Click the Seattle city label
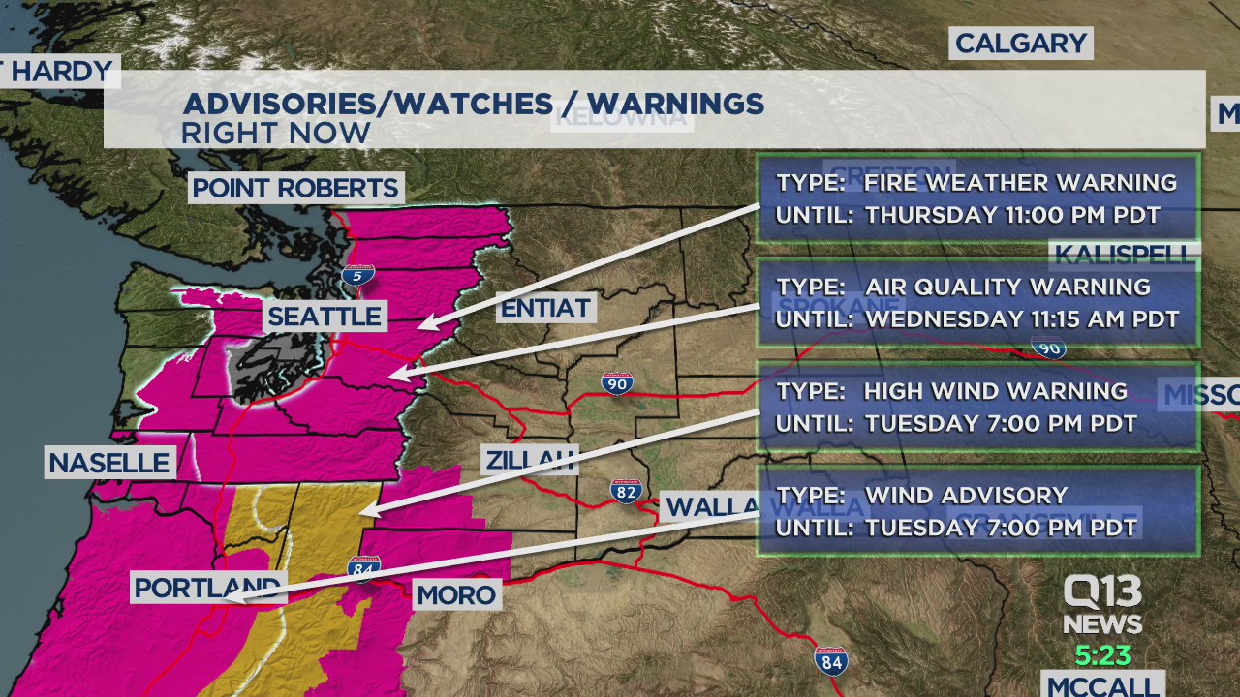[x=325, y=316]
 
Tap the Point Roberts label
[x=295, y=188]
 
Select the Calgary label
[x=1020, y=44]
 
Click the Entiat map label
[x=544, y=309]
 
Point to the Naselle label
[x=109, y=463]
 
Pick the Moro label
[x=456, y=594]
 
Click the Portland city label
[x=207, y=588]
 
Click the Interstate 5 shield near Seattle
[x=357, y=275]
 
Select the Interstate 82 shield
[x=626, y=491]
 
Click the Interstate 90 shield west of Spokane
[x=617, y=383]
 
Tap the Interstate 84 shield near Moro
[x=363, y=566]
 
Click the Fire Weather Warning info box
[x=977, y=198]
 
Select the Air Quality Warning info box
[x=977, y=303]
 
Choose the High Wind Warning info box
[x=977, y=407]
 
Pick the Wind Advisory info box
[x=977, y=511]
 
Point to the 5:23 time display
[x=1102, y=655]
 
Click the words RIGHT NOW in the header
[x=276, y=134]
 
